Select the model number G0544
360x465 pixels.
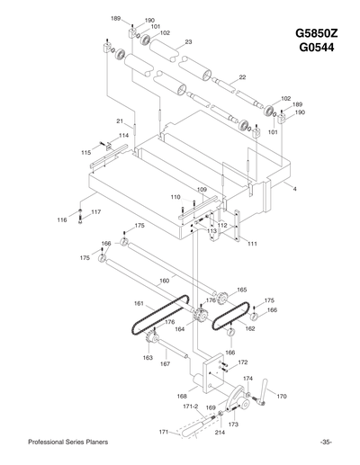pos(316,48)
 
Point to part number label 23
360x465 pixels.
pos(188,42)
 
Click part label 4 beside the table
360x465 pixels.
pos(294,189)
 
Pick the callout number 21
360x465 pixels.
pos(119,121)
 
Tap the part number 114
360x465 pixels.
pos(123,135)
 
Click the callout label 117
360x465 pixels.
pos(96,212)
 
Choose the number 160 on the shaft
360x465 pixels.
pos(164,281)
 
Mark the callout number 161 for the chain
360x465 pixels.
pos(139,303)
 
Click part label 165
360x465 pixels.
pos(241,290)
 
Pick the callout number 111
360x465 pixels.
pos(252,244)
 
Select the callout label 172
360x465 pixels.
pos(242,362)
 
